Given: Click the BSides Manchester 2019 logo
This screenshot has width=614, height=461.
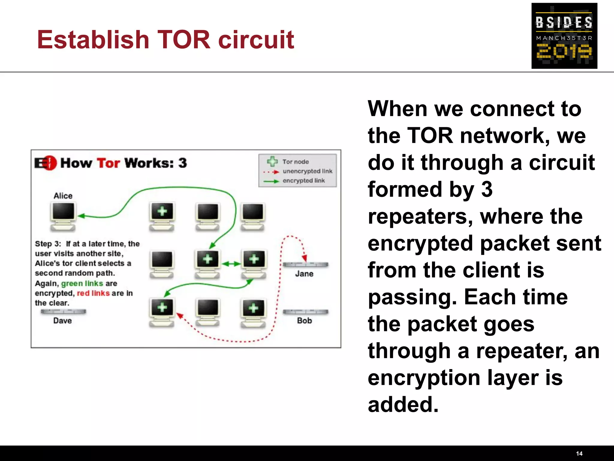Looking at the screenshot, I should point(564,36).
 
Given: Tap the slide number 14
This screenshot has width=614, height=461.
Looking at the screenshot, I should point(579,453).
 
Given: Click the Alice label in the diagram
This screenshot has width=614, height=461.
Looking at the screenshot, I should point(63,196).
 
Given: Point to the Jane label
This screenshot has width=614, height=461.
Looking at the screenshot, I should point(304,274).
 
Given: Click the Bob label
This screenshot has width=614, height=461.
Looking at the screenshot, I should point(304,321).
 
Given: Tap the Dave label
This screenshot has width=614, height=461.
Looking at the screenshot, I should point(62,321).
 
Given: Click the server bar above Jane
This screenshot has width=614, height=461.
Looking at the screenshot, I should point(306,265).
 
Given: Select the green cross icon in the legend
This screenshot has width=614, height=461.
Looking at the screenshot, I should point(272,161).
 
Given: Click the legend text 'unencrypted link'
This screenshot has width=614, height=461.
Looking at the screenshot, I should point(307,171).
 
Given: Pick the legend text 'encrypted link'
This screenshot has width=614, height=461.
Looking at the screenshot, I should point(303,181).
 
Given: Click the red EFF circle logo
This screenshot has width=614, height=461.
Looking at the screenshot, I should point(50,163).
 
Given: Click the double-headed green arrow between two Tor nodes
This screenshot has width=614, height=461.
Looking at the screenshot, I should point(231,264).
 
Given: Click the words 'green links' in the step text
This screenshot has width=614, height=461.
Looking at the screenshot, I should point(82,283).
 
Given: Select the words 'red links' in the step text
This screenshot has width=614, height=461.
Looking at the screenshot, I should point(93,293).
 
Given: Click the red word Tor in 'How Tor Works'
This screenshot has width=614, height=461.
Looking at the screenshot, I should point(108,163).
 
